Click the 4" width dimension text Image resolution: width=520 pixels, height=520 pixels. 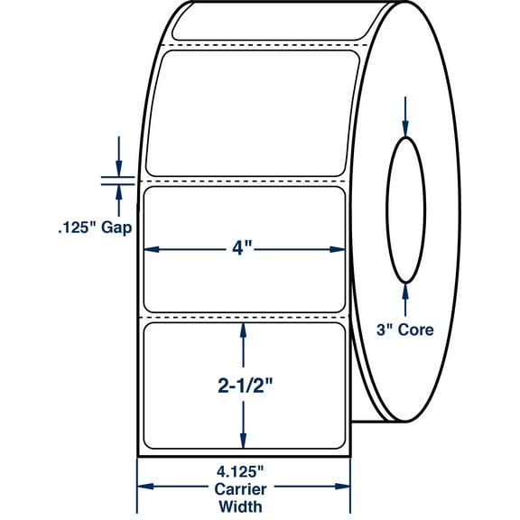[245, 248]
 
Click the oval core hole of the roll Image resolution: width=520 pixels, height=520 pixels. [405, 209]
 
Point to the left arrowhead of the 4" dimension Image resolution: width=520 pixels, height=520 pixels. [151, 249]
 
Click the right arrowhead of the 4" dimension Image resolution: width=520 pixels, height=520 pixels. [339, 249]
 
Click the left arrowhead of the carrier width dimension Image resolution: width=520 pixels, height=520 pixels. [142, 488]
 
